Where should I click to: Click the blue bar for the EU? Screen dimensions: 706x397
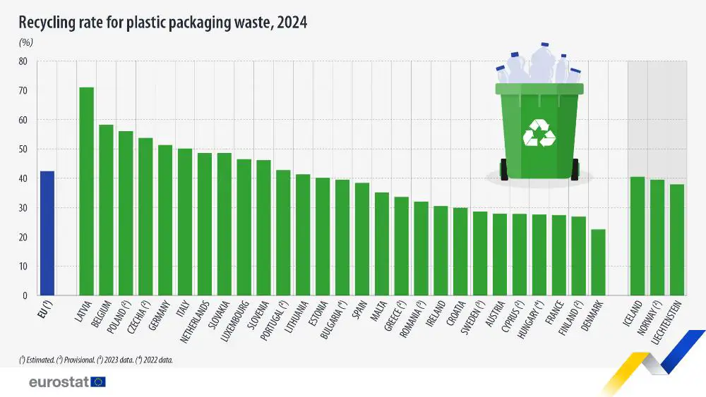(x=47, y=233)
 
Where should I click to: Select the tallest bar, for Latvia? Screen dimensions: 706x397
(x=86, y=191)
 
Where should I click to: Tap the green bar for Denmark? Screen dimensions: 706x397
(x=599, y=262)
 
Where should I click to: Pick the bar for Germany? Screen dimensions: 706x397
(x=165, y=220)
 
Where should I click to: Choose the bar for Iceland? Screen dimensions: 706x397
(x=638, y=236)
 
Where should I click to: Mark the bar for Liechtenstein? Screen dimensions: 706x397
(x=677, y=240)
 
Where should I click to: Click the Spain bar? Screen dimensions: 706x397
(x=362, y=239)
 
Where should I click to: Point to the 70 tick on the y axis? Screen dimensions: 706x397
(x=23, y=91)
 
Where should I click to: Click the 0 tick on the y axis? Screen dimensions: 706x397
(x=25, y=296)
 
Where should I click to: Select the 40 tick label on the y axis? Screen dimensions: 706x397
(x=23, y=178)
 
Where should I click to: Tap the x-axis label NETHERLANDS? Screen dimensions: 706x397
(x=196, y=322)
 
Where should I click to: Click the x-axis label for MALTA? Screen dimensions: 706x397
(x=379, y=311)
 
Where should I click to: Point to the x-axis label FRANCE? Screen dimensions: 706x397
(x=555, y=312)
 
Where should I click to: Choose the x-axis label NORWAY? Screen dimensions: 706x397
(x=649, y=318)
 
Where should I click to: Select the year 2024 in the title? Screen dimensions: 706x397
(x=292, y=23)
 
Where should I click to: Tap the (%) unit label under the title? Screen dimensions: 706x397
(x=25, y=43)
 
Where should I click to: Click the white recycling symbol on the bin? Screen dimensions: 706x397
(x=539, y=133)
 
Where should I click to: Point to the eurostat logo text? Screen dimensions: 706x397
(x=59, y=382)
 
